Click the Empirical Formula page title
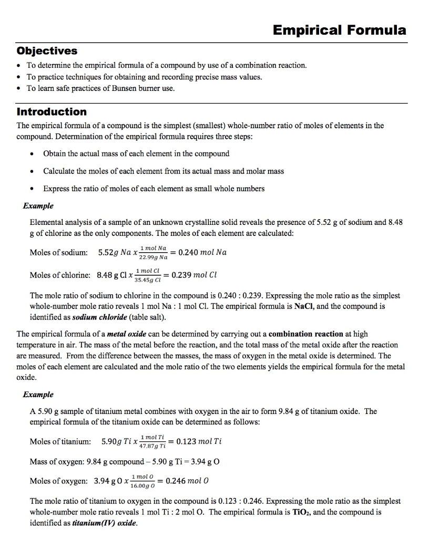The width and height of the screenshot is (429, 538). pos(340,29)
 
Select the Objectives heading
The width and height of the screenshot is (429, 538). pos(47,51)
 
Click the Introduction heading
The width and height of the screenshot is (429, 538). pos(52,111)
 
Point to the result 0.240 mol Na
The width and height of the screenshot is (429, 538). pos(202,252)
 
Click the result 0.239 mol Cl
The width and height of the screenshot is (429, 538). pos(190,274)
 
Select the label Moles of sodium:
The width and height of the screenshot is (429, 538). pos(59,252)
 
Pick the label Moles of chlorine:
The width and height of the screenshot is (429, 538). pos(60,275)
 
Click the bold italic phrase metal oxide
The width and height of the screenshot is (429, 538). pos(128,334)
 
